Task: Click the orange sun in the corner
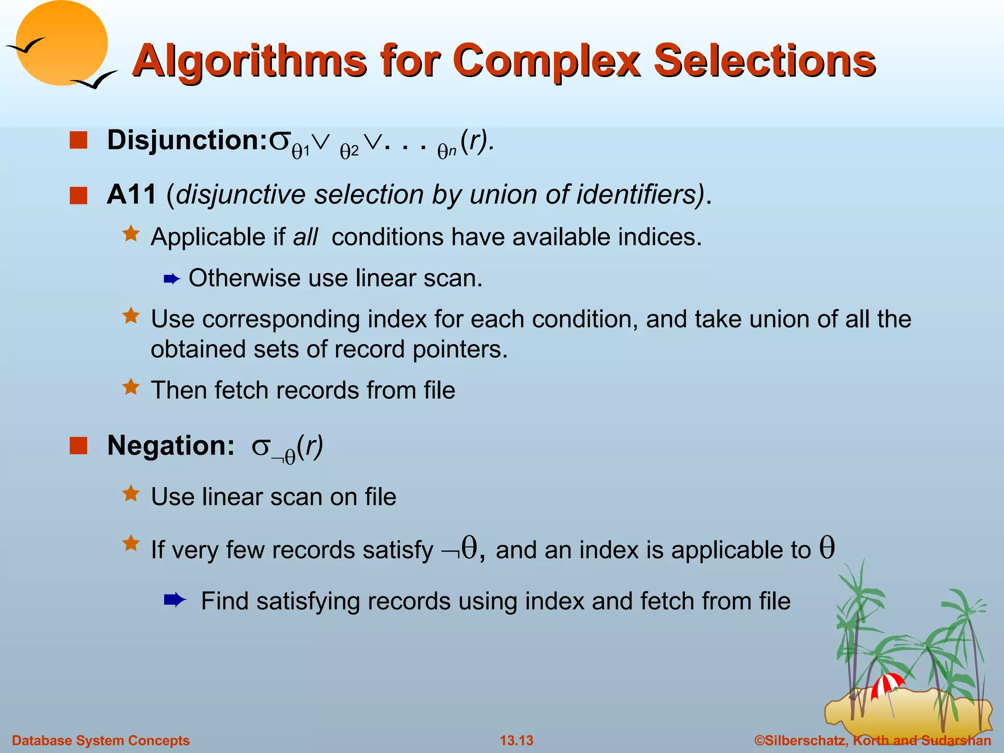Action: pyautogui.click(x=61, y=43)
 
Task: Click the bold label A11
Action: pyautogui.click(x=131, y=195)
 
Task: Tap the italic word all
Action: pyautogui.click(x=305, y=237)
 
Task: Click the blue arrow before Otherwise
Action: pyautogui.click(x=172, y=279)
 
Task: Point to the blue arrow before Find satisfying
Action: pyautogui.click(x=175, y=600)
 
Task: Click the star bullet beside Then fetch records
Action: pyautogui.click(x=131, y=387)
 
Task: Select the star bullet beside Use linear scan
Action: pyautogui.click(x=131, y=494)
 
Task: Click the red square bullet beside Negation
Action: pyautogui.click(x=78, y=446)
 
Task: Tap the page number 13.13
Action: pyautogui.click(x=516, y=740)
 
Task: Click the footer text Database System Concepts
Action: pyautogui.click(x=100, y=740)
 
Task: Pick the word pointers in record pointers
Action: pyautogui.click(x=459, y=350)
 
